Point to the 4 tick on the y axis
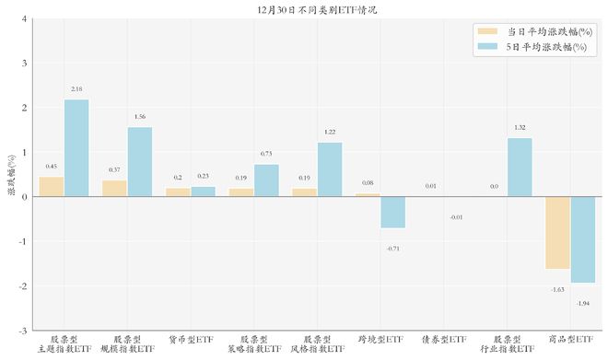point(24,18)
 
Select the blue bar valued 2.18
point(76,148)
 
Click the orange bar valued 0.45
point(52,187)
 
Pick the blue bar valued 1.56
point(140,162)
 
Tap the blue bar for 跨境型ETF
point(393,213)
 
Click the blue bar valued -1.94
point(583,239)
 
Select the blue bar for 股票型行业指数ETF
point(520,168)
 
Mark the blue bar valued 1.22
point(330,169)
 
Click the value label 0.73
point(266,154)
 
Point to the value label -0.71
point(393,249)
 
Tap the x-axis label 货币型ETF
point(191,339)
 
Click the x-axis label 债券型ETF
point(444,339)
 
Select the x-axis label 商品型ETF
point(570,339)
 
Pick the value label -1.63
point(557,289)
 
